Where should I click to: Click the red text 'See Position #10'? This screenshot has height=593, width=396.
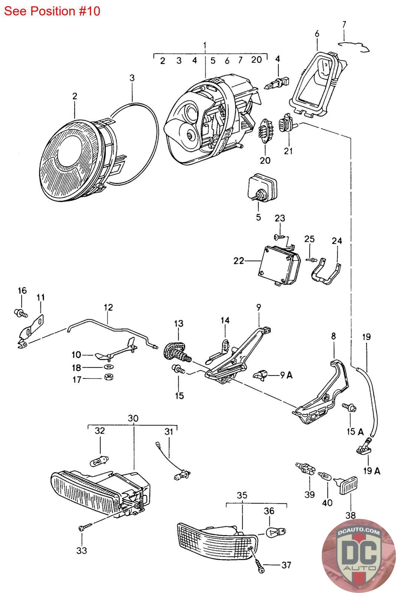point(52,11)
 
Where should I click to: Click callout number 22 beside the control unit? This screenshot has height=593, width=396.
point(238,261)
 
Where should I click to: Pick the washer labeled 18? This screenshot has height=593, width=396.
point(109,367)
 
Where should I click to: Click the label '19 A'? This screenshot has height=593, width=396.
point(372,470)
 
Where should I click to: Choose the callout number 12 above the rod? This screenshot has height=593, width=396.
point(108,307)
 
